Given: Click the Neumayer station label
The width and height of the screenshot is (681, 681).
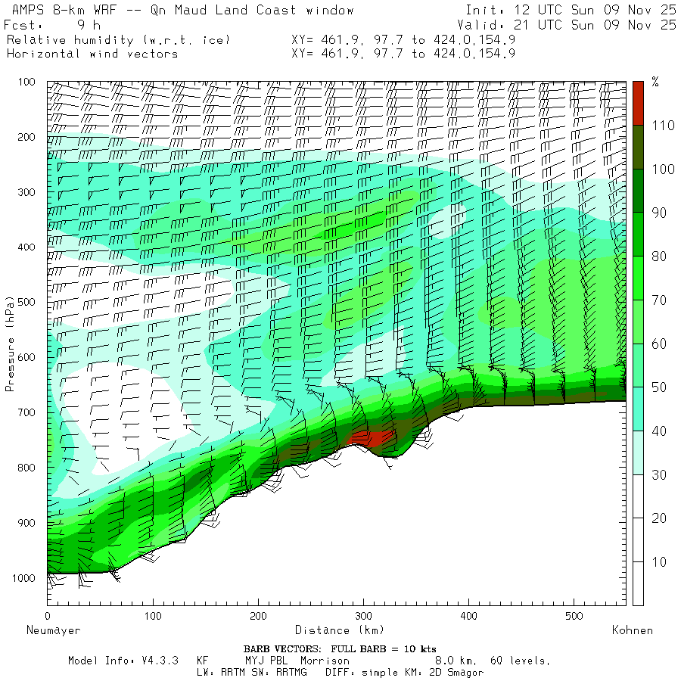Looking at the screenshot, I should coord(53,630).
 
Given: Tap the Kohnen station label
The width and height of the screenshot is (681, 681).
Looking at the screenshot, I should coord(632,630).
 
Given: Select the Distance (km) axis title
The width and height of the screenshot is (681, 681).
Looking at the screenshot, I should coord(340,630).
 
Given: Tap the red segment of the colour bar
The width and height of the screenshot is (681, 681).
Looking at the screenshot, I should coord(638,102).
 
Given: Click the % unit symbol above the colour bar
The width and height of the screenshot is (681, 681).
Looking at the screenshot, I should coord(655,82).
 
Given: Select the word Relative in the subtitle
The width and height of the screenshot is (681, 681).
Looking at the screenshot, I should coord(32,39).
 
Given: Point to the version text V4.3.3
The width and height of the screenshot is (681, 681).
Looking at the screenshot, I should coord(160,661).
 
